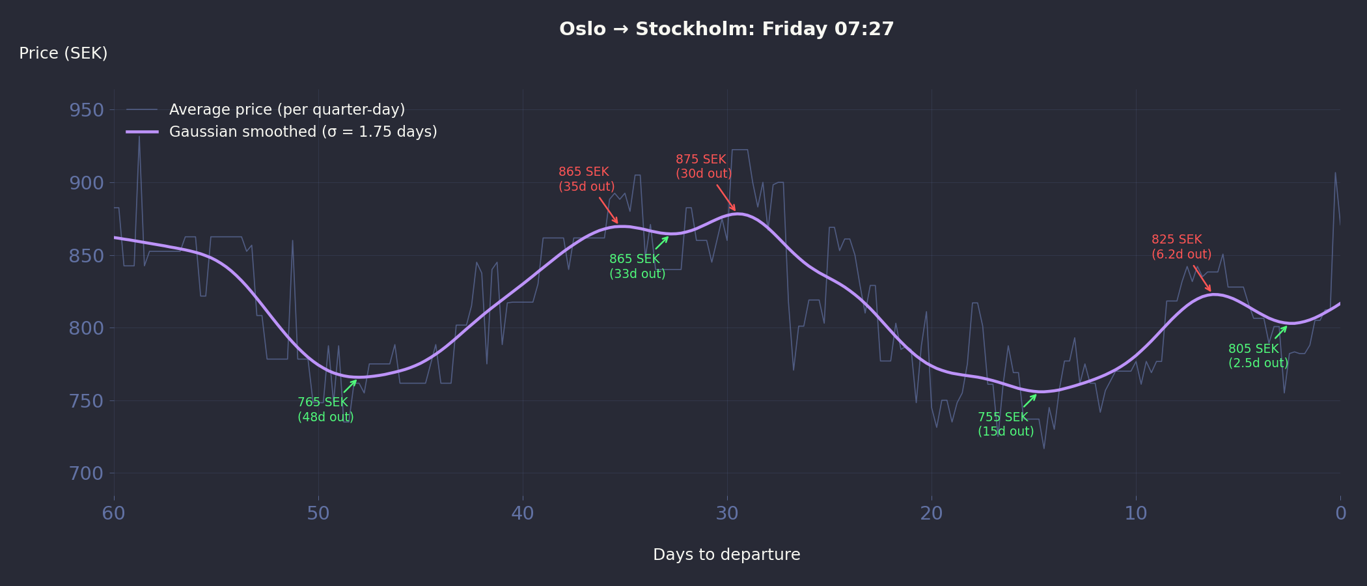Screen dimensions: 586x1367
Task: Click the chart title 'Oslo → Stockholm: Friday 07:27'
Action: (x=726, y=29)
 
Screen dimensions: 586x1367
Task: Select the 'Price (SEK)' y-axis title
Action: (x=63, y=53)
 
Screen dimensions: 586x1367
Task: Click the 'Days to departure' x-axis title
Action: (x=726, y=555)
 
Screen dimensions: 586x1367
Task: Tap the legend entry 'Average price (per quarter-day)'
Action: (x=286, y=109)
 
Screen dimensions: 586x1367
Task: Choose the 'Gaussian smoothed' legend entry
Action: (x=303, y=132)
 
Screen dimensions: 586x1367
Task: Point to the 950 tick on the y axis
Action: (x=87, y=110)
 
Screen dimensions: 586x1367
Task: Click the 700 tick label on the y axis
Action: (x=87, y=473)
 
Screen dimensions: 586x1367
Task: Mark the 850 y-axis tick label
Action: (x=87, y=256)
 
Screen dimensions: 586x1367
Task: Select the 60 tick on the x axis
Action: (x=114, y=514)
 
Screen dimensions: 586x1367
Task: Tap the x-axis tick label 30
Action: (x=727, y=514)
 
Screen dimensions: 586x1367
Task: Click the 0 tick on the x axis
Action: (x=1340, y=514)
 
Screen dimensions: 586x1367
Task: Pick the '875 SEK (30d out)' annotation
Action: (x=704, y=167)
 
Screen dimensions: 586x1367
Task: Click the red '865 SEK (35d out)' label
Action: (x=587, y=179)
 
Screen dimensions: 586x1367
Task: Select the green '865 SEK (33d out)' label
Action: (x=637, y=266)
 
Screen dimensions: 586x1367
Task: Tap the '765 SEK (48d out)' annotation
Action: (x=325, y=410)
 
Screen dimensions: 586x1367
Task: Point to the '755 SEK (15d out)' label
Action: (x=1006, y=425)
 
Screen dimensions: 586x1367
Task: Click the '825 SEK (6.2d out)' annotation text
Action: (x=1181, y=247)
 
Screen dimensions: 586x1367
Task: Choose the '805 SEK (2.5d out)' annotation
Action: (x=1258, y=356)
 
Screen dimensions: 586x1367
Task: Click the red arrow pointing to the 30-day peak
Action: (x=726, y=198)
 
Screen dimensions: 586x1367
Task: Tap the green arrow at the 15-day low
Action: (x=1030, y=400)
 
